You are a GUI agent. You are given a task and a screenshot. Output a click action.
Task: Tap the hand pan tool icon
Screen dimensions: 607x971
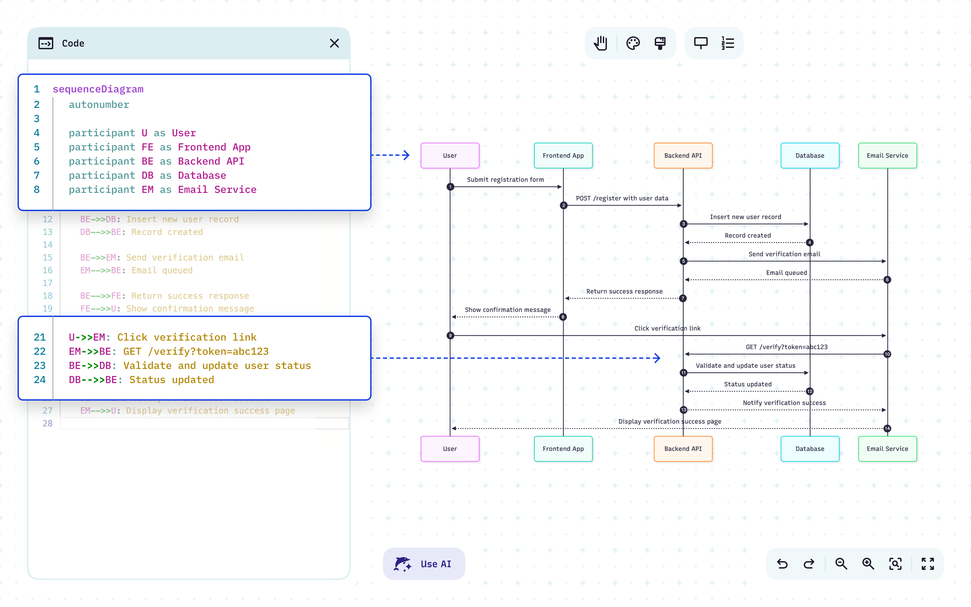tap(601, 43)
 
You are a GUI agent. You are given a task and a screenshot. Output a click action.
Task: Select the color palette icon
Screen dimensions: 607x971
tap(633, 43)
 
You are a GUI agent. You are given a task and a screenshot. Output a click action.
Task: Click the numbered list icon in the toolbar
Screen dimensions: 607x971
tap(728, 43)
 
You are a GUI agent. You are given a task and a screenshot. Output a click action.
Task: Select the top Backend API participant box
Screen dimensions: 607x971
tap(683, 155)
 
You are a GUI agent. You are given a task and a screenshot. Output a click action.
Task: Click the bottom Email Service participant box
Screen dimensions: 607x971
tap(887, 449)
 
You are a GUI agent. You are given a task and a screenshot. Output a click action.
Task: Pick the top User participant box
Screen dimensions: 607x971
tap(450, 155)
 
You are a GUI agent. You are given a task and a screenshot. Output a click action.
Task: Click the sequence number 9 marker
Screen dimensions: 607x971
tap(450, 335)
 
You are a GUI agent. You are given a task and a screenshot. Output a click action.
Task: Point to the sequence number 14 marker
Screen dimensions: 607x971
tap(887, 428)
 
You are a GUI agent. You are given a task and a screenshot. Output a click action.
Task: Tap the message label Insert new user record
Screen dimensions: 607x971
tap(745, 217)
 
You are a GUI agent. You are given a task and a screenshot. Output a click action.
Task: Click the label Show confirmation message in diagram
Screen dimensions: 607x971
tap(507, 310)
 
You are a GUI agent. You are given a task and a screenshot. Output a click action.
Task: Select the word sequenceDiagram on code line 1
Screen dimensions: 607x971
tap(98, 89)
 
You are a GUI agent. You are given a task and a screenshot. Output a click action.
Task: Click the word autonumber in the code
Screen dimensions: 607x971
tap(99, 105)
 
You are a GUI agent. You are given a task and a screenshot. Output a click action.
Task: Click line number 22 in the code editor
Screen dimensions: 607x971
tap(39, 351)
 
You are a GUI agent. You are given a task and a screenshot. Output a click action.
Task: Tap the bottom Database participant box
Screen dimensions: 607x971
tap(810, 449)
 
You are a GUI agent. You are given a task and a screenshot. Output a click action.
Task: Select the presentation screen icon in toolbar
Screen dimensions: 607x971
tap(701, 43)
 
